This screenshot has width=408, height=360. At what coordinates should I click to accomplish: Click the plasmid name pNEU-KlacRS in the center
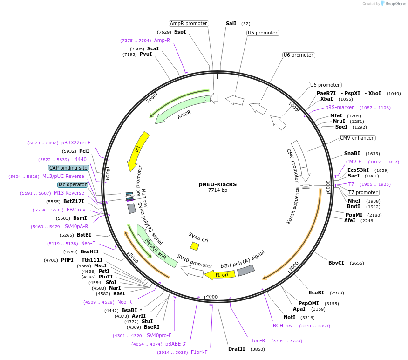218,184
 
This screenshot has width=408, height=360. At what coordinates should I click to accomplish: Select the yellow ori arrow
138,150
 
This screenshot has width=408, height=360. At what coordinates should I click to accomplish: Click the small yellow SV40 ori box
195,246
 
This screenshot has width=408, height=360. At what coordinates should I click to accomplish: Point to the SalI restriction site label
231,23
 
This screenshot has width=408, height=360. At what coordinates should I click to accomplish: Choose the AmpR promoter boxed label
189,23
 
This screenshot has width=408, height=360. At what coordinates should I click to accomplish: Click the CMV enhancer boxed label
357,138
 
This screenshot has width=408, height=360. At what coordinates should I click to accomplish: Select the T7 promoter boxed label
363,192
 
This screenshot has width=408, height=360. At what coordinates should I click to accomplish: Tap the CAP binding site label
68,168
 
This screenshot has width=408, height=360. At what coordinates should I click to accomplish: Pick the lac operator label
72,184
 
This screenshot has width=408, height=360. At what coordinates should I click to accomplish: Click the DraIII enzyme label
237,349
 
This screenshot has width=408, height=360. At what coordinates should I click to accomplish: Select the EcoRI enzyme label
316,292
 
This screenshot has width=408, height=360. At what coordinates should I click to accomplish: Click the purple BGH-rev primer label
283,326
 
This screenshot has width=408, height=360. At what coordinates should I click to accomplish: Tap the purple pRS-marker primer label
340,107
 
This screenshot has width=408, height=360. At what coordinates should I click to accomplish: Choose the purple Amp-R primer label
162,40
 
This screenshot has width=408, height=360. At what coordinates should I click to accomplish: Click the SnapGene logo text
394,4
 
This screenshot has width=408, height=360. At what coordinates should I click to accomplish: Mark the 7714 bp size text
218,190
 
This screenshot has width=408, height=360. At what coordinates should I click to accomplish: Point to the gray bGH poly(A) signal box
246,270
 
